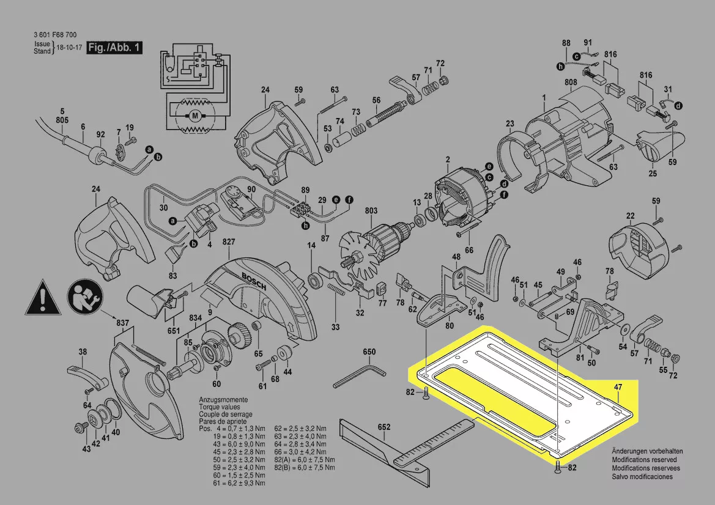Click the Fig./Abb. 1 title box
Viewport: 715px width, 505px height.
[114, 47]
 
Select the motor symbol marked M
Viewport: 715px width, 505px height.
[194, 114]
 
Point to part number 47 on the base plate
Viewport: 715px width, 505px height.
[618, 386]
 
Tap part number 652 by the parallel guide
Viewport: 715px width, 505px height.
[384, 427]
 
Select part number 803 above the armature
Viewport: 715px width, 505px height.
[371, 211]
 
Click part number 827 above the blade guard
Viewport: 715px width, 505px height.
[229, 243]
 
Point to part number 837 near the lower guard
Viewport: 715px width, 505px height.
[123, 323]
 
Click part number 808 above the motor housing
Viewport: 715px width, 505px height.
[571, 82]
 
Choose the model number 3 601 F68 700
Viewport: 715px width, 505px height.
[56, 36]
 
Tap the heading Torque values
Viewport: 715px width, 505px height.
[220, 407]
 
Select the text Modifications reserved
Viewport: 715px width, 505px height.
[644, 459]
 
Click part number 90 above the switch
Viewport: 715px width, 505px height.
[251, 190]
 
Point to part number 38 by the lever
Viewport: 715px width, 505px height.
[83, 352]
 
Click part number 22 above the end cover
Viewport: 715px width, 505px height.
[630, 216]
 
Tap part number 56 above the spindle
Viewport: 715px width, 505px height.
[376, 100]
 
